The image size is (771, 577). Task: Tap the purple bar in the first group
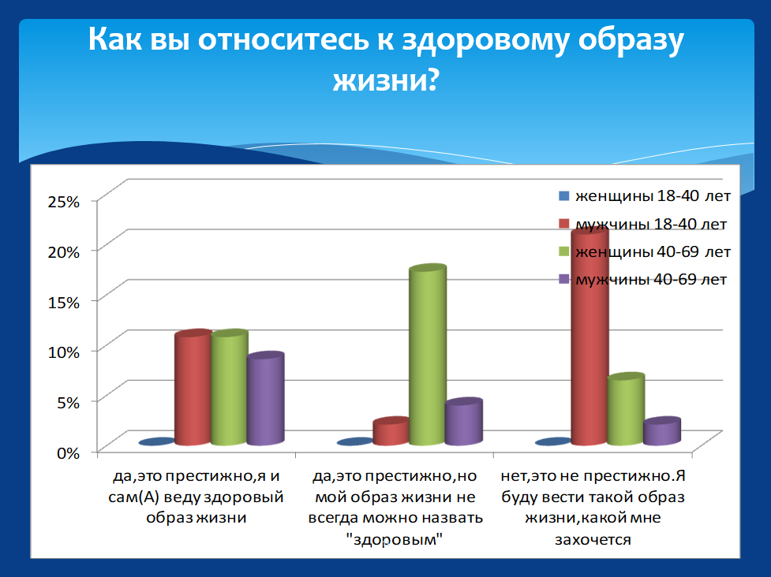coord(265,399)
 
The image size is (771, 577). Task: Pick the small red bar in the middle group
coord(391,431)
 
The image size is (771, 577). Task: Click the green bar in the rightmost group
coord(626,409)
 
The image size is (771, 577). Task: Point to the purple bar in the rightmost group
coord(662,431)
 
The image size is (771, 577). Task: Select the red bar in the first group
coord(193,387)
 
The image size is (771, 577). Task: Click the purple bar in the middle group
coord(464,422)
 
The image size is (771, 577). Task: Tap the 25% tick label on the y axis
coord(63,201)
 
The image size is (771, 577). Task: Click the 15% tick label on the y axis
coord(63,302)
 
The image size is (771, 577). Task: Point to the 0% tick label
coord(68,452)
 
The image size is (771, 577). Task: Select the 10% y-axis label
coord(63,352)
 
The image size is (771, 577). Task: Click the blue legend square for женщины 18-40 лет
coord(564,196)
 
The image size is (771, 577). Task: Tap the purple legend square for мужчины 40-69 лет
coord(564,279)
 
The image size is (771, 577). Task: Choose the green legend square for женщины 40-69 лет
coord(564,252)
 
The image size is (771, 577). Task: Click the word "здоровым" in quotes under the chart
coord(394,539)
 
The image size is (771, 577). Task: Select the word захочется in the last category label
coord(593,540)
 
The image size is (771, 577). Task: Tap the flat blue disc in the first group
coord(157,442)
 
